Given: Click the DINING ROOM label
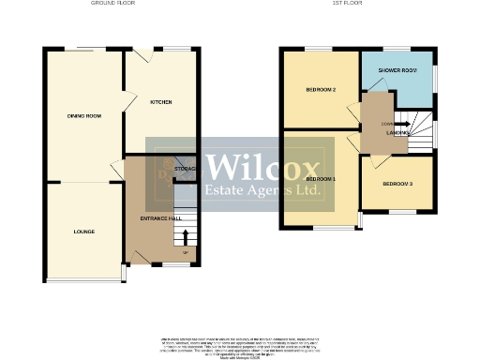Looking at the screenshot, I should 83,115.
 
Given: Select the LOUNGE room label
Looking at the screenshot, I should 84,231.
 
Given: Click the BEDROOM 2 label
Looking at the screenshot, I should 321,90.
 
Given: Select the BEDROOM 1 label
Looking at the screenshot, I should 321,177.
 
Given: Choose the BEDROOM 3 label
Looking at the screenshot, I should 397,184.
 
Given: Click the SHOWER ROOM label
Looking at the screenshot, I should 398,70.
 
